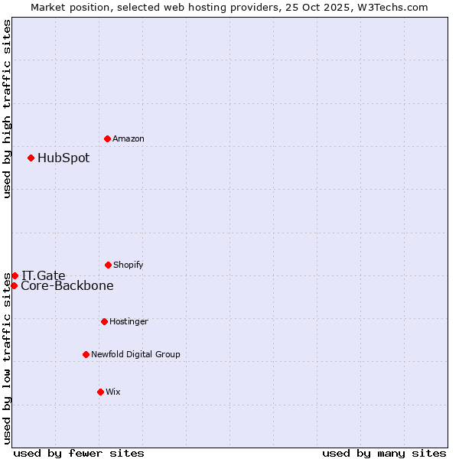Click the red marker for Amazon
point(108,138)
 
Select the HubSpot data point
point(31,158)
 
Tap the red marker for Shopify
point(108,265)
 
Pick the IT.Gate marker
point(15,275)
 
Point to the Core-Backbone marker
point(14,285)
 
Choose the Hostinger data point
point(104,321)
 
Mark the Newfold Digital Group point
point(86,354)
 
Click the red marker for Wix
point(100,392)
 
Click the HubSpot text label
point(63,158)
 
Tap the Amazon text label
point(129,138)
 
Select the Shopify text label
point(129,265)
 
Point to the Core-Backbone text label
point(67,286)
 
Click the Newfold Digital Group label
point(135,354)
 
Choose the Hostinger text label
point(129,321)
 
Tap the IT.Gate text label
point(44,275)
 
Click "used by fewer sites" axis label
point(79,453)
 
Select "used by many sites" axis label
point(384,453)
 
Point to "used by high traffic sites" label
point(7,109)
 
